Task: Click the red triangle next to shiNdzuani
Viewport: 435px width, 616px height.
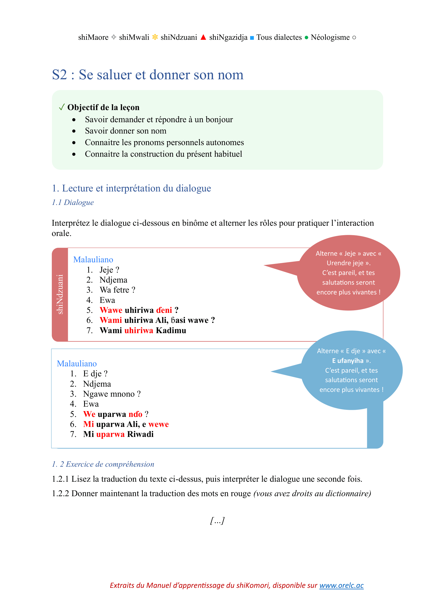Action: click(x=203, y=37)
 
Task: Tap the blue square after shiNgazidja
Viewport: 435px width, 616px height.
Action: click(x=252, y=38)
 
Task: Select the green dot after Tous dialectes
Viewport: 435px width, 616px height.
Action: click(x=306, y=37)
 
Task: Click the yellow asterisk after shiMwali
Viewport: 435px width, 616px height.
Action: click(x=155, y=37)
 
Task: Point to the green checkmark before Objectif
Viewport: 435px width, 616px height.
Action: click(x=62, y=107)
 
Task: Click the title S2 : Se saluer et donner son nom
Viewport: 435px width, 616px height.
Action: click(x=148, y=75)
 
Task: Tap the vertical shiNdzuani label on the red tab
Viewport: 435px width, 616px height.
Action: click(x=60, y=294)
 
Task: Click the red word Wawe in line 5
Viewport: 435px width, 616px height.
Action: click(x=111, y=310)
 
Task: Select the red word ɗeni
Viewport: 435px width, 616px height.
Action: click(x=164, y=310)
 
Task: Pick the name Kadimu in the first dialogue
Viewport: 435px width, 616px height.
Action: click(x=171, y=331)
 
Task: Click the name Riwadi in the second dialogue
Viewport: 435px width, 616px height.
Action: click(x=140, y=434)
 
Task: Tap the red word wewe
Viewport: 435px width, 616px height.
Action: click(x=159, y=424)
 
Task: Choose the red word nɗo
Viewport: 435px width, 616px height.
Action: click(x=135, y=414)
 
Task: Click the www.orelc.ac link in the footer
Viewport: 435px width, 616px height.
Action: click(x=341, y=585)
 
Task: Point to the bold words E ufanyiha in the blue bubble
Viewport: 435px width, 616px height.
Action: click(x=348, y=361)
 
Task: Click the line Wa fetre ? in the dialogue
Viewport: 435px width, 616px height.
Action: click(x=117, y=290)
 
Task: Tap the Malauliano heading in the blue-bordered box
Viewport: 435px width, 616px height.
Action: click(x=77, y=363)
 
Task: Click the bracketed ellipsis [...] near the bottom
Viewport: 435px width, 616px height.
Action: click(x=217, y=520)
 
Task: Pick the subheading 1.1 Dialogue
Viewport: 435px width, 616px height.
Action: click(x=73, y=202)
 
